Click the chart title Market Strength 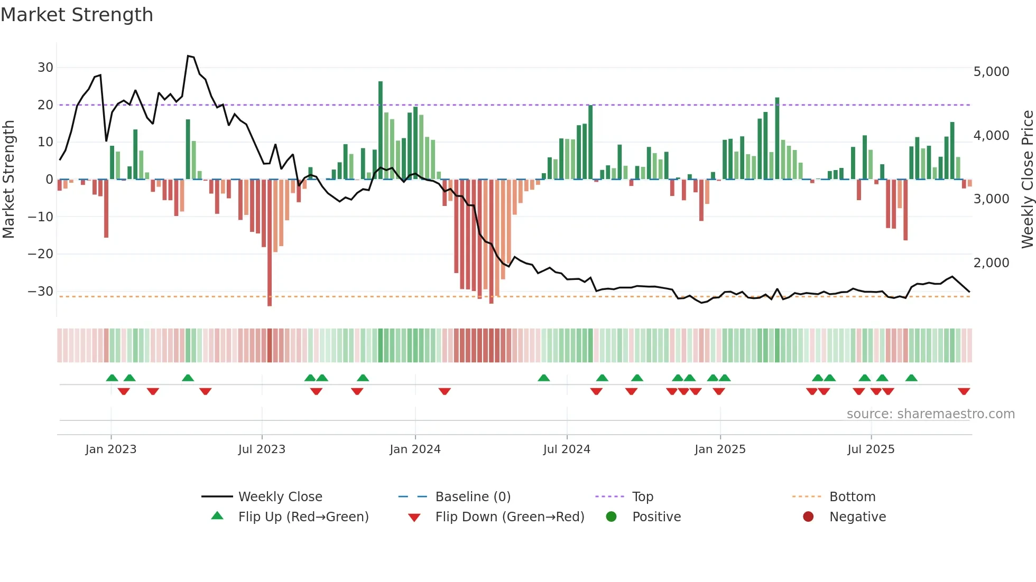point(77,15)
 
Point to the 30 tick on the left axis point(45,68)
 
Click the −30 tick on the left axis point(41,292)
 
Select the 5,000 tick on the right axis point(991,72)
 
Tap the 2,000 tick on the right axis point(991,263)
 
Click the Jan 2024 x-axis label point(415,449)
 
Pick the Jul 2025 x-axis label point(871,449)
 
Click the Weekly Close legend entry point(280,497)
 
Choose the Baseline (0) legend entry point(473,497)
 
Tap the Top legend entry point(642,497)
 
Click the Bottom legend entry point(852,497)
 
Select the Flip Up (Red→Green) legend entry point(303,517)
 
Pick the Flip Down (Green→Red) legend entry point(510,517)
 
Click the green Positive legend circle point(612,517)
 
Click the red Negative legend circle point(808,517)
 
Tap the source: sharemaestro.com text point(930,414)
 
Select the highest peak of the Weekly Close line point(188,56)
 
